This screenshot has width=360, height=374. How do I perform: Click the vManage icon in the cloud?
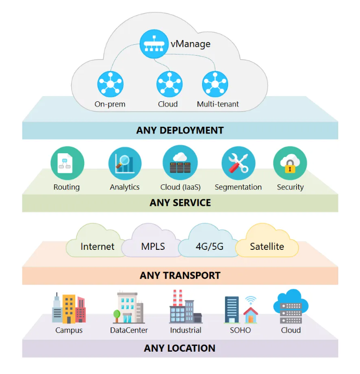[x=154, y=44]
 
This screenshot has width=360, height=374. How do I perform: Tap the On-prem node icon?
[x=110, y=83]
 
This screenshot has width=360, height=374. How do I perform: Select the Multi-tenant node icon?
[x=215, y=83]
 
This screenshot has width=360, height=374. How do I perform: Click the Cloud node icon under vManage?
[x=169, y=83]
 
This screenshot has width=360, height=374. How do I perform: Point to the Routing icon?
[x=67, y=163]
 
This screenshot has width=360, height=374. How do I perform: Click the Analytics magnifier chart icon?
[x=125, y=163]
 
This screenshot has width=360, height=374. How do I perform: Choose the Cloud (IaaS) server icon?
[x=180, y=163]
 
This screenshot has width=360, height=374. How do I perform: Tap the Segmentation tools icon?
[x=238, y=163]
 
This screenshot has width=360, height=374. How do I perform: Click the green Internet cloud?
[x=97, y=243]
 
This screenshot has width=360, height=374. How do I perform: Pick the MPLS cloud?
[x=153, y=243]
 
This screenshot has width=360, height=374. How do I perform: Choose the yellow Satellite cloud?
[x=267, y=243]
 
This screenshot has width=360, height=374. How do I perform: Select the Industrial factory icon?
[x=185, y=307]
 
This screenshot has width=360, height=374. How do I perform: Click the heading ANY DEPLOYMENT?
[x=180, y=130]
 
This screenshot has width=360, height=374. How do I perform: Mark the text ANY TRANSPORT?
[x=180, y=275]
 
